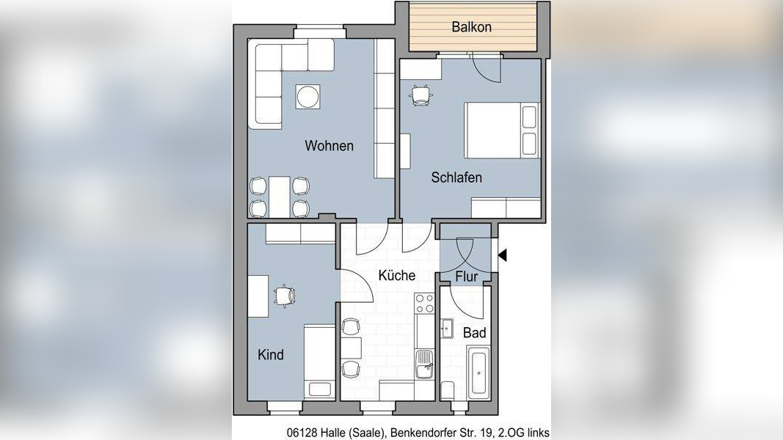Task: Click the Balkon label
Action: [x=471, y=27]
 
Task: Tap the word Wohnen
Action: [x=329, y=146]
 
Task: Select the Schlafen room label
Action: [x=456, y=177]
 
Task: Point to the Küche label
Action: [x=397, y=275]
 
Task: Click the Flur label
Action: [x=467, y=276]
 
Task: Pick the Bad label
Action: [x=474, y=332]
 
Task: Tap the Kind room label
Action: [x=271, y=355]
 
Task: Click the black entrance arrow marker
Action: [x=503, y=255]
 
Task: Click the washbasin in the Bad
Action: [x=447, y=329]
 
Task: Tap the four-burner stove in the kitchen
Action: [x=424, y=304]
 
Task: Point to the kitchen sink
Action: [x=425, y=364]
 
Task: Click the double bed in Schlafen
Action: [x=503, y=131]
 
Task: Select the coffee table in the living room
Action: [x=307, y=97]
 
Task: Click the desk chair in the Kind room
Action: [x=285, y=296]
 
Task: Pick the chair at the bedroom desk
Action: [x=420, y=95]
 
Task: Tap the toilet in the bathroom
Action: [x=448, y=391]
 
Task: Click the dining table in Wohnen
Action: [x=280, y=197]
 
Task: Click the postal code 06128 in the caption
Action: [x=302, y=433]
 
